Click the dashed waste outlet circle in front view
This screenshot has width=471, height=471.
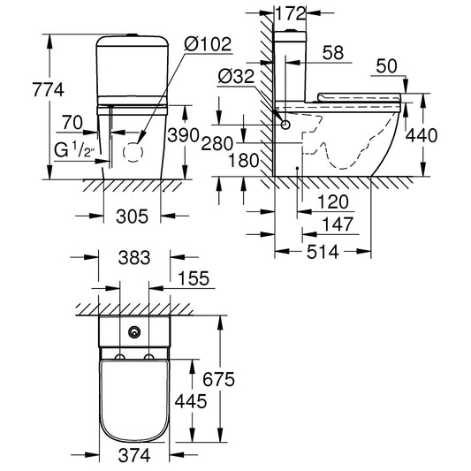point(133,151)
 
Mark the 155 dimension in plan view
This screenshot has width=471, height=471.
point(192,278)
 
